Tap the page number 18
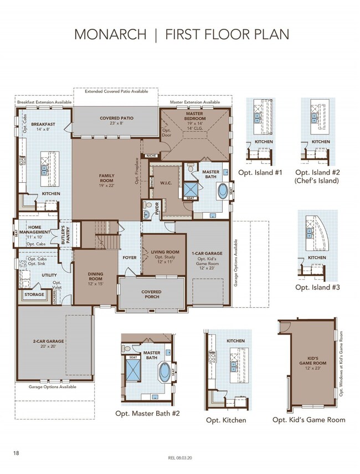pyautogui.click(x=17, y=453)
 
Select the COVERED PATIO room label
pyautogui.click(x=116, y=118)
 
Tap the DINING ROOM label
pyautogui.click(x=96, y=276)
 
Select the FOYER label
pyautogui.click(x=129, y=257)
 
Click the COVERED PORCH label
pyautogui.click(x=151, y=294)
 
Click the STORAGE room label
pyautogui.click(x=34, y=295)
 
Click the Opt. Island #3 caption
pyautogui.click(x=317, y=287)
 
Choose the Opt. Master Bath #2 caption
pyautogui.click(x=147, y=413)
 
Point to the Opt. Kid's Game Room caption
pyautogui.click(x=308, y=420)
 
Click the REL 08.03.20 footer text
pyautogui.click(x=180, y=458)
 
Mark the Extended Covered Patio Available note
pyautogui.click(x=116, y=91)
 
